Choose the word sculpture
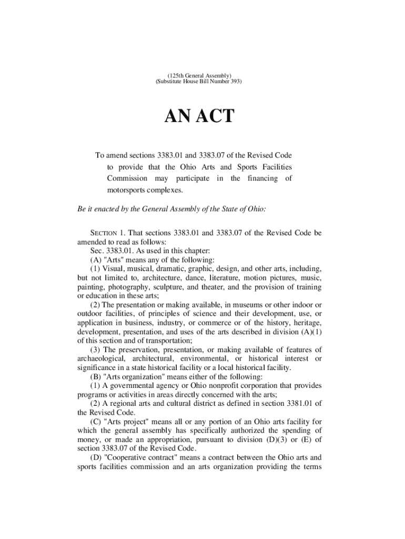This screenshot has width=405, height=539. click(x=170, y=287)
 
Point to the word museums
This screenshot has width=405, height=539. click(x=236, y=305)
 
